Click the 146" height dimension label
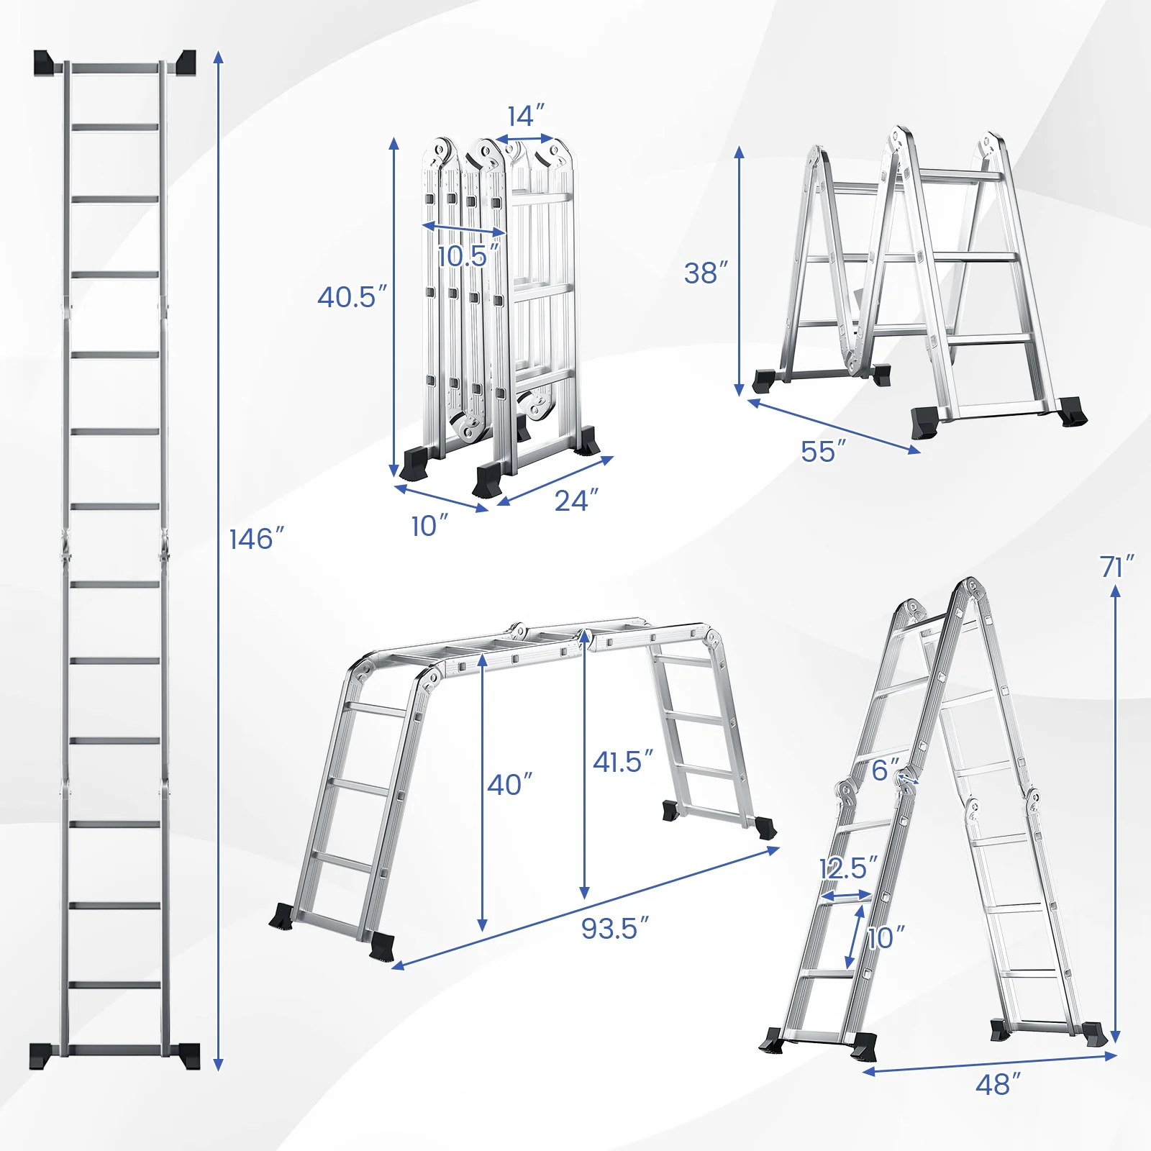click(257, 539)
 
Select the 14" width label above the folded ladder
click(526, 116)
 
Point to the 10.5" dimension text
click(468, 255)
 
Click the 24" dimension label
click(576, 500)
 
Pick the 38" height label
click(706, 273)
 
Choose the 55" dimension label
click(823, 452)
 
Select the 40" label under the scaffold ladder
click(509, 785)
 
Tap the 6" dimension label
click(886, 770)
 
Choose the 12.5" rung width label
click(849, 868)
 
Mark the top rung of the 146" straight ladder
click(115, 68)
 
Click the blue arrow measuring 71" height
click(1115, 813)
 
